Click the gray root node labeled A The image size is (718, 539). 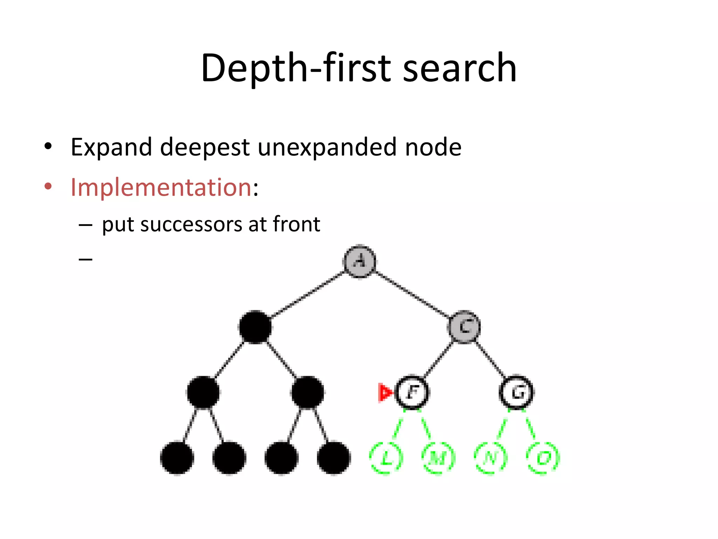pos(359,261)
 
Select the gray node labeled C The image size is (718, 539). pos(464,327)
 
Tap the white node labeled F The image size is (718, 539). pos(412,392)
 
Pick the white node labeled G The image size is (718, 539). pos(516,392)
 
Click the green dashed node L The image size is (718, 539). pos(386,458)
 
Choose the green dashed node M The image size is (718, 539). pos(438,458)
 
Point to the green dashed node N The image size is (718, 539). pos(490,458)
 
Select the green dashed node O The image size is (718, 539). pos(543,458)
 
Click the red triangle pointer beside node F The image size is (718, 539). pos(385,392)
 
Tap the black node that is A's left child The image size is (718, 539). pos(255,327)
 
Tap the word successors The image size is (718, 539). pos(191,224)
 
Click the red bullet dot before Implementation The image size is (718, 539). pos(48,186)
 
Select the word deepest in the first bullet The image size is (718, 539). pos(205,147)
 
